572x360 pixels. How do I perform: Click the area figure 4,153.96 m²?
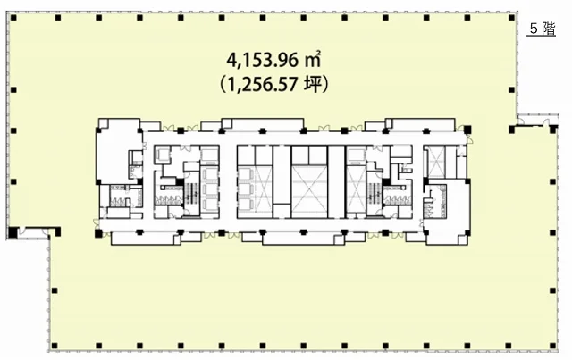tap(273, 60)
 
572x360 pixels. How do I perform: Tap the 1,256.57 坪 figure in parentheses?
tap(273, 85)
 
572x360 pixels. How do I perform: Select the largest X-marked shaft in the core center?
tap(309, 191)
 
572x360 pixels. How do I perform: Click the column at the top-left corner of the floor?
tap(14, 17)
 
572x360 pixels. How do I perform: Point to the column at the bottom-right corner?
tap(553, 346)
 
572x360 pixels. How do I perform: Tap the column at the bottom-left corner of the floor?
tap(55, 346)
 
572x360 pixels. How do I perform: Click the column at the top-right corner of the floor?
tap(512, 17)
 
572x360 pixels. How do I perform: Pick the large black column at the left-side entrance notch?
tap(13, 231)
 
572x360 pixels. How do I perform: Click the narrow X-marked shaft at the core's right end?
tap(435, 161)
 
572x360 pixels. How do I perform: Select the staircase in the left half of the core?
tap(191, 197)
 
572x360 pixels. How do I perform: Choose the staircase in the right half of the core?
tap(374, 197)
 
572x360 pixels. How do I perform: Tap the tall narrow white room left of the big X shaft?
tap(282, 174)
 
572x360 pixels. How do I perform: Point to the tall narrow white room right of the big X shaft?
tap(336, 181)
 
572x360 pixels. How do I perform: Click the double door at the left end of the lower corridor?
tap(97, 223)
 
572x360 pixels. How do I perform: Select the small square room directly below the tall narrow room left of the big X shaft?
tap(282, 211)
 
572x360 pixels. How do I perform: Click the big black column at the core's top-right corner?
tap(467, 130)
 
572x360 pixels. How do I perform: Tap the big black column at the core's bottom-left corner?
tap(98, 233)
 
